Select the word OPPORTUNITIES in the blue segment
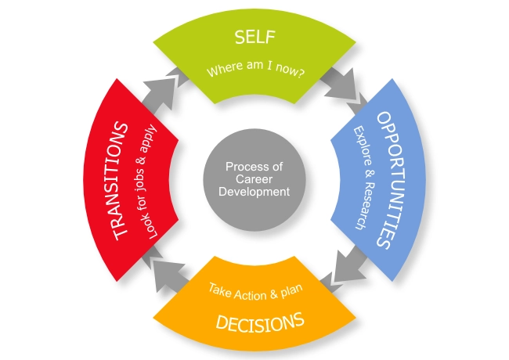pyautogui.click(x=392, y=180)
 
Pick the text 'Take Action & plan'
pyautogui.click(x=256, y=291)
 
